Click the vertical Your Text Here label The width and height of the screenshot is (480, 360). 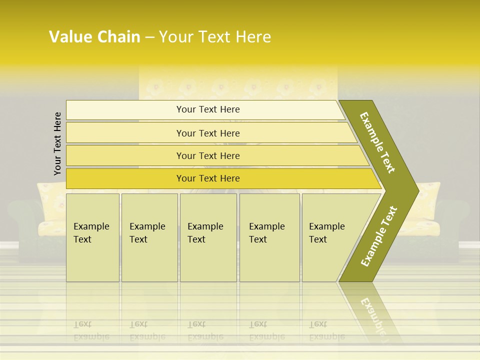point(57,143)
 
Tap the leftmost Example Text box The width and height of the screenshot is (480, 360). point(92,237)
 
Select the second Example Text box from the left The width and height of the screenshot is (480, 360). point(149,237)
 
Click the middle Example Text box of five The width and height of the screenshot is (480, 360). point(208,237)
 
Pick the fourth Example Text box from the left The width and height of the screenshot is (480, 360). point(269,237)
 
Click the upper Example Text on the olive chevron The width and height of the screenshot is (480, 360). point(377,142)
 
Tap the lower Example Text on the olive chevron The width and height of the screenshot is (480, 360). point(379,236)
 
